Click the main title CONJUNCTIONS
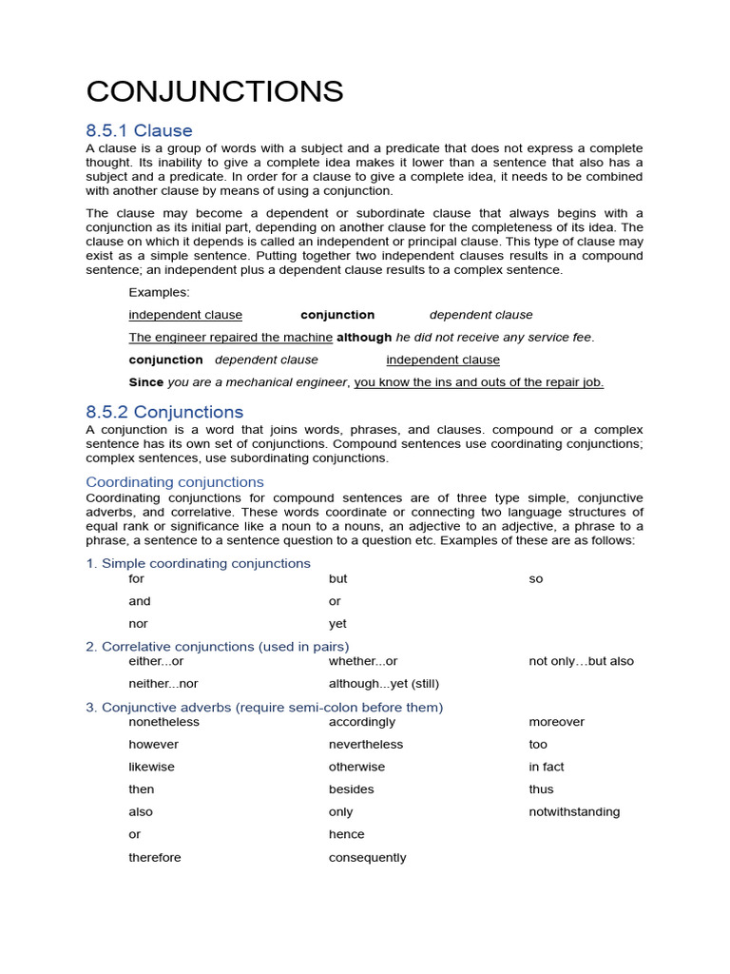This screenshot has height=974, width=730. tap(215, 91)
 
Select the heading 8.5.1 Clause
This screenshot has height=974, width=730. tap(139, 130)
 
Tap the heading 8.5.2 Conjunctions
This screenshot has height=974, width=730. tap(164, 412)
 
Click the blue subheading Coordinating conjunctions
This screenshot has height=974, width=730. tap(175, 482)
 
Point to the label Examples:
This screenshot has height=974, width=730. tap(159, 292)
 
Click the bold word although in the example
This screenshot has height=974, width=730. tap(364, 338)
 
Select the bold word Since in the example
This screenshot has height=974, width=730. tap(146, 382)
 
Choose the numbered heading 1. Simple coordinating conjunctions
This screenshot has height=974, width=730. tap(198, 563)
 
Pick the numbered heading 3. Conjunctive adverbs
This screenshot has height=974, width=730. tap(264, 707)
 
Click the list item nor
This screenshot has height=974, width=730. tap(139, 624)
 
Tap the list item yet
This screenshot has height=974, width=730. tap(337, 624)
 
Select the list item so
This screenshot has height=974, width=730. tap(536, 579)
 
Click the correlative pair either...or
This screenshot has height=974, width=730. tap(156, 661)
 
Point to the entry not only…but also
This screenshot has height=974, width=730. tap(581, 661)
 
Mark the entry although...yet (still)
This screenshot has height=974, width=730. tap(384, 684)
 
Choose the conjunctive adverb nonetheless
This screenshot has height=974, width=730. tap(164, 722)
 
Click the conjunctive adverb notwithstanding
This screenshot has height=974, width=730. tap(574, 812)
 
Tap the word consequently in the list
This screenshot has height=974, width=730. tap(367, 858)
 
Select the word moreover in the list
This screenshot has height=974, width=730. tap(556, 722)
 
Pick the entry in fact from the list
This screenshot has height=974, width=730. tap(547, 767)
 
